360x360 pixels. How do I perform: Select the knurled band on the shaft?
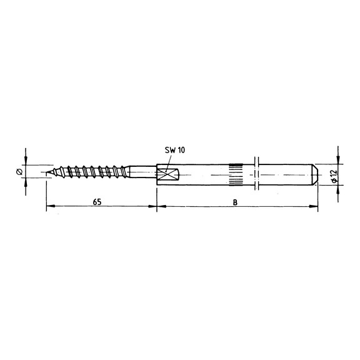click(x=236, y=173)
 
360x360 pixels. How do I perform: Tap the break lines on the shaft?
click(x=257, y=173)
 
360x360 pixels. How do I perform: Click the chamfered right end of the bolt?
click(x=315, y=173)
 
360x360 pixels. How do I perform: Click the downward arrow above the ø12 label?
click(x=337, y=160)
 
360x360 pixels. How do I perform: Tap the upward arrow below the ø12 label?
click(x=337, y=187)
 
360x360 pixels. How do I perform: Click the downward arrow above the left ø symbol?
click(x=25, y=162)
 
